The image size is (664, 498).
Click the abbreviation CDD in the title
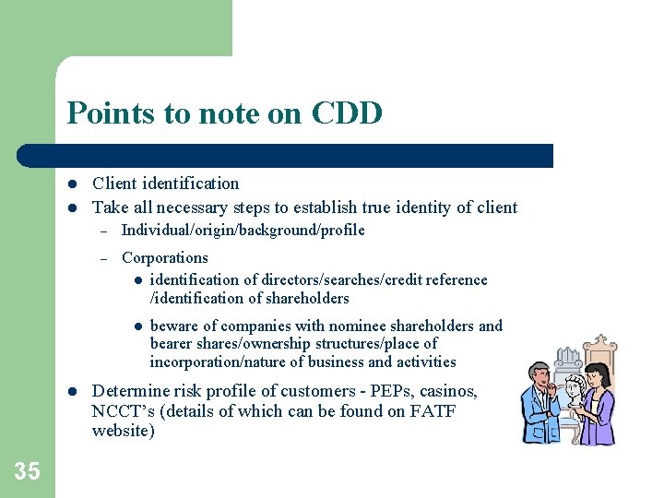pos(347,113)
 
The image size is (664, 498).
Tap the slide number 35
pos(27,471)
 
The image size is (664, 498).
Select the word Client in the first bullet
pos(113,184)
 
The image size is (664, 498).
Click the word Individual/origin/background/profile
pos(243,231)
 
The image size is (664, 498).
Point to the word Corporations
pos(164,258)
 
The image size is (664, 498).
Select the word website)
pos(124,431)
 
